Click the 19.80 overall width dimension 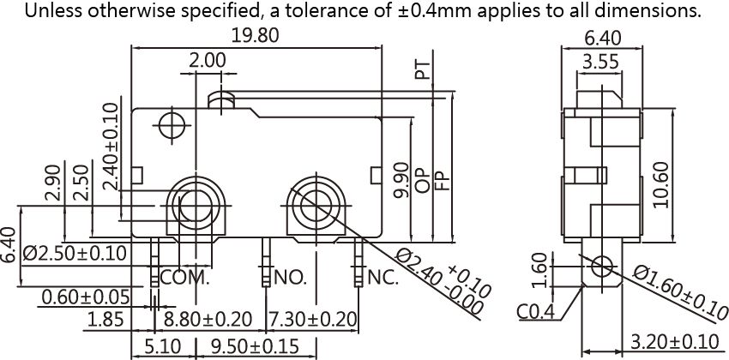(256, 35)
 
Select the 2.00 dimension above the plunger (208, 61)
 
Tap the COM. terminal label (185, 278)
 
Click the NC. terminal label (383, 278)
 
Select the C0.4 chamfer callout (535, 312)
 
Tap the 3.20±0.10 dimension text (675, 342)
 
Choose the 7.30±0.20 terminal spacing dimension (313, 320)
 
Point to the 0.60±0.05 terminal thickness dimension (86, 297)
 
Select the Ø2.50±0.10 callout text (75, 254)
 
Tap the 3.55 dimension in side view (600, 62)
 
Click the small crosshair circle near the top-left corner (172, 125)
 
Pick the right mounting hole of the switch (316, 206)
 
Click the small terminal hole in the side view (601, 267)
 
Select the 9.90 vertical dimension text (401, 180)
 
